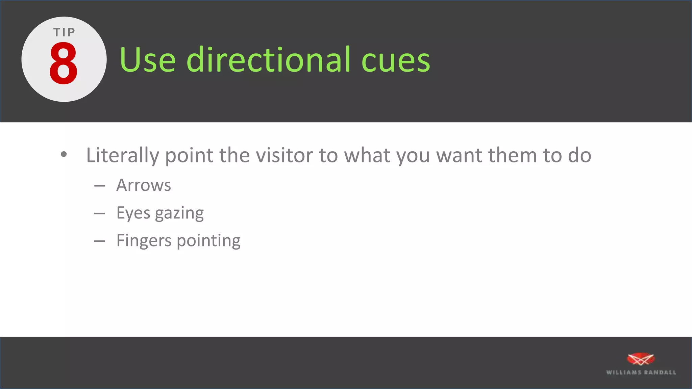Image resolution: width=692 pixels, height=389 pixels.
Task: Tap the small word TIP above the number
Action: coord(64,32)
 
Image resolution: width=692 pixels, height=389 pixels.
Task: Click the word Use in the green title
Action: coord(147,60)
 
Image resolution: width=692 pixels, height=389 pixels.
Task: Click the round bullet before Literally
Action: coord(64,155)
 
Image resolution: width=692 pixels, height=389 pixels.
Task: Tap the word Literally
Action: coord(122,155)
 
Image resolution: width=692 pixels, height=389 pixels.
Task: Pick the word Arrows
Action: coord(144,185)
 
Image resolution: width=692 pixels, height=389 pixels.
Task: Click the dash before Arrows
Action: coord(100,186)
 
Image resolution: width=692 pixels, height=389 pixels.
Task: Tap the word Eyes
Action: coord(133,213)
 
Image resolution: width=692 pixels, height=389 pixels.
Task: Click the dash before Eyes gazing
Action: coord(100,213)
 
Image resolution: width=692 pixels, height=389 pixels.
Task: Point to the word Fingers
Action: coord(144,241)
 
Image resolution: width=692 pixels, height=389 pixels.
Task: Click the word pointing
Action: coord(208,241)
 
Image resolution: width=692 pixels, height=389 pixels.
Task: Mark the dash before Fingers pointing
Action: coord(100,241)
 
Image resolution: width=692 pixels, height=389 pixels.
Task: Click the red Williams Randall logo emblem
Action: coord(641,359)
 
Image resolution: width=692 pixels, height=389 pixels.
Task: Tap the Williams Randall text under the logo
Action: coord(641,372)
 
